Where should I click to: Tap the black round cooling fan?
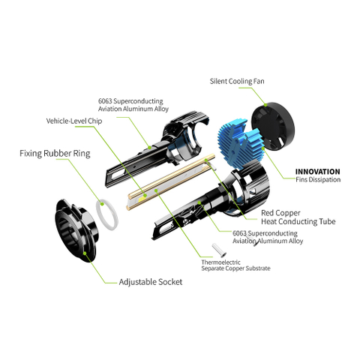tap(277, 128)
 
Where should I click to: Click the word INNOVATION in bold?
tap(317, 171)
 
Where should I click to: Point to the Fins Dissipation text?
tap(317, 180)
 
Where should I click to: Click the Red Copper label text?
tap(281, 211)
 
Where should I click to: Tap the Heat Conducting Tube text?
tap(298, 221)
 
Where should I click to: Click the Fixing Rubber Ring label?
tap(55, 154)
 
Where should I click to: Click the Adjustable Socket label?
tap(150, 283)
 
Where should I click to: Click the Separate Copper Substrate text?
tap(235, 268)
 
